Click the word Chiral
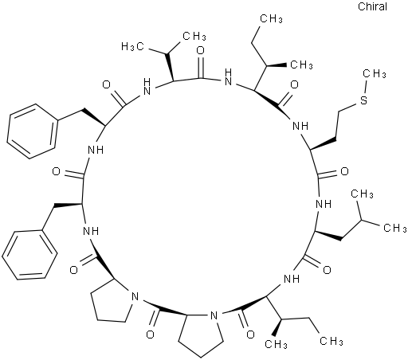[x=372, y=6]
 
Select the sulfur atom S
[x=363, y=100]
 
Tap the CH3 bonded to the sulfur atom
[x=375, y=73]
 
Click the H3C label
[x=133, y=46]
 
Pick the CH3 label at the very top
[x=271, y=18]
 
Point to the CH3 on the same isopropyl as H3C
[x=194, y=36]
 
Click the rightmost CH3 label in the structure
[x=395, y=228]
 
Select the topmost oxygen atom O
[x=201, y=50]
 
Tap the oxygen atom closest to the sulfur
[x=294, y=84]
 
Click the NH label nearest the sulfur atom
[x=300, y=125]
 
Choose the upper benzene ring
[x=32, y=131]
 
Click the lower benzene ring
[x=30, y=255]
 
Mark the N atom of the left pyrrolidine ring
[x=135, y=296]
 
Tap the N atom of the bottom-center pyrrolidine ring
[x=214, y=315]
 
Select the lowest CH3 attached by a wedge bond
[x=276, y=344]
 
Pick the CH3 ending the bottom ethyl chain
[x=331, y=341]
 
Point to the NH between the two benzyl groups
[x=96, y=150]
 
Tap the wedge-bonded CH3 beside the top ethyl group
[x=302, y=65]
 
